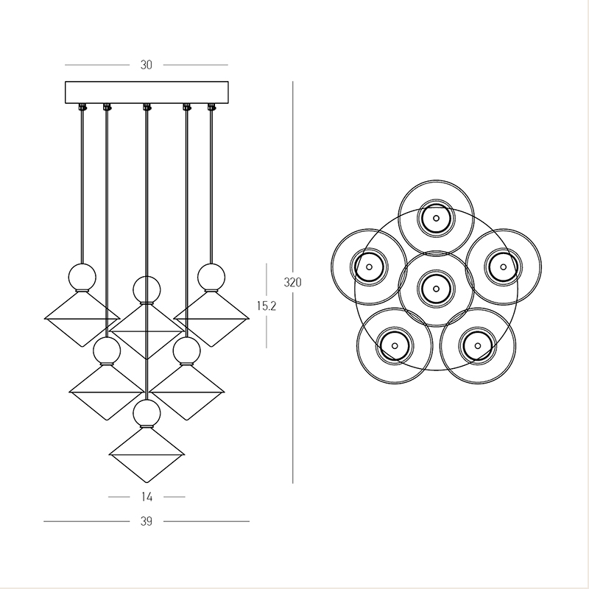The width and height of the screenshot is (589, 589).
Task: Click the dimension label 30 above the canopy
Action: (146, 65)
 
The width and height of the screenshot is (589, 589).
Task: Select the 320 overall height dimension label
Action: (292, 282)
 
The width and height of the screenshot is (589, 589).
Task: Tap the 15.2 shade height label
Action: (267, 306)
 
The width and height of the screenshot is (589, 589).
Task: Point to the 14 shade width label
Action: (147, 497)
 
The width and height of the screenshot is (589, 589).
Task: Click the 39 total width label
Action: (146, 521)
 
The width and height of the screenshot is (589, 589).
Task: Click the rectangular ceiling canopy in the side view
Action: (147, 93)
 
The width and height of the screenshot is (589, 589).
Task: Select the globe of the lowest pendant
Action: (147, 413)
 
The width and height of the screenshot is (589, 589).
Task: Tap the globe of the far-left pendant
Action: (82, 278)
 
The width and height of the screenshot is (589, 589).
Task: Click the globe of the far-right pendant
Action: (211, 278)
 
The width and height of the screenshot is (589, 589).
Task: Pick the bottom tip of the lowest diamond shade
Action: (147, 483)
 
